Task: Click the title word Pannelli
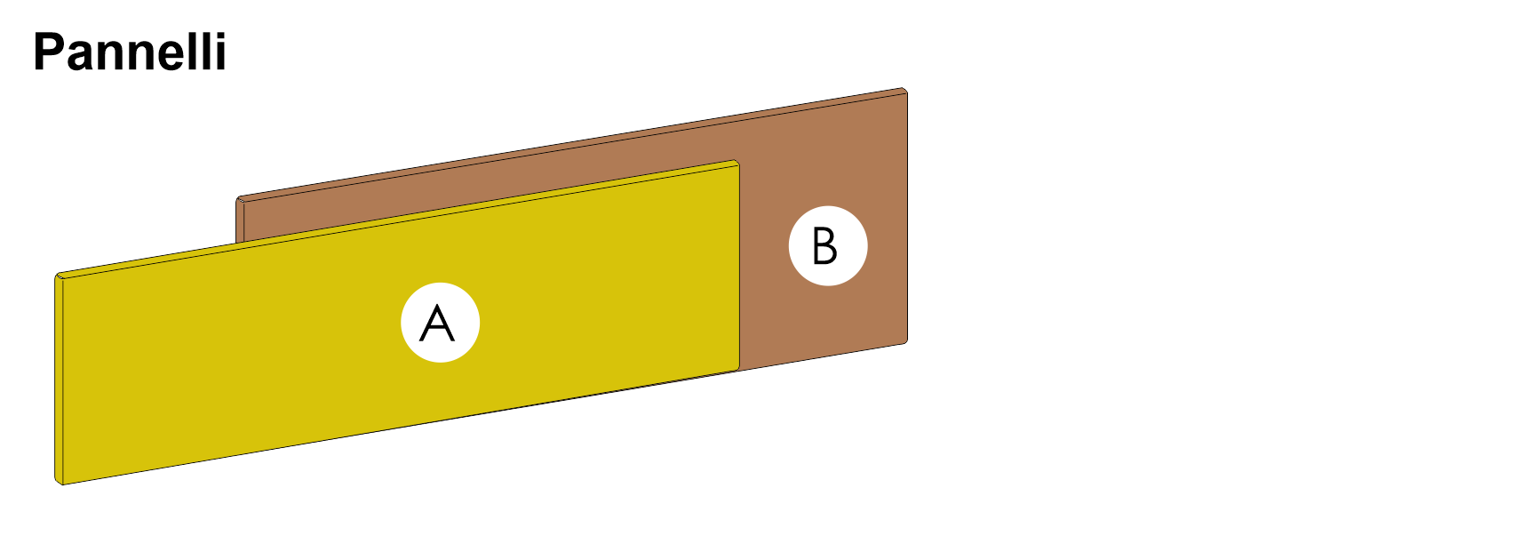tap(130, 52)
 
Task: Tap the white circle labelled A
tap(440, 323)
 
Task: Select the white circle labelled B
tap(828, 246)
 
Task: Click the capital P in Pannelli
tap(49, 52)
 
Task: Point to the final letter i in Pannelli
tap(221, 52)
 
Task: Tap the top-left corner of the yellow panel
tap(56, 275)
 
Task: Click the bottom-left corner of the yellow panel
tap(61, 484)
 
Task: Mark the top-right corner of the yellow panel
tap(737, 161)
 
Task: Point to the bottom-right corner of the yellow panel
tap(739, 369)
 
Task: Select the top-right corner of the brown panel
tap(905, 88)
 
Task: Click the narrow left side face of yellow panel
tap(59, 380)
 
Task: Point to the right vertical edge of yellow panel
tap(739, 267)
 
